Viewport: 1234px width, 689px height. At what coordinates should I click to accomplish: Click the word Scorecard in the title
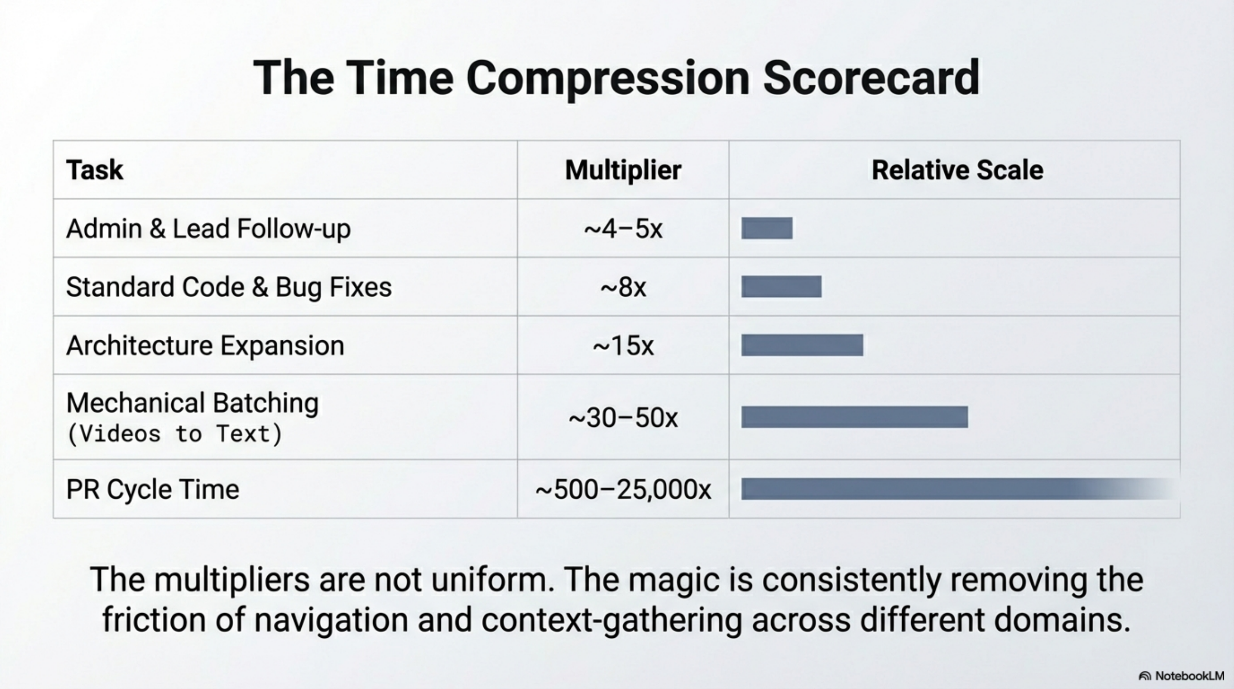[871, 78]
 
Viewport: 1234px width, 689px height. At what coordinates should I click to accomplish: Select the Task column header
[94, 170]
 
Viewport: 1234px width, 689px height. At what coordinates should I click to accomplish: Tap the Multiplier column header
[623, 170]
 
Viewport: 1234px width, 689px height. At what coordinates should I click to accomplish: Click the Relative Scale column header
[957, 170]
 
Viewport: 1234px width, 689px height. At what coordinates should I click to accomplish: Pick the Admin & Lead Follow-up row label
[208, 229]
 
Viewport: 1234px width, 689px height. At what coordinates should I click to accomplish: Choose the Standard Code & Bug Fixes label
[229, 287]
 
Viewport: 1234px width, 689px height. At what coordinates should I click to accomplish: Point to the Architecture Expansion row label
[205, 345]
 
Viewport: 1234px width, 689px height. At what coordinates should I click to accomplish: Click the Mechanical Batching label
[192, 403]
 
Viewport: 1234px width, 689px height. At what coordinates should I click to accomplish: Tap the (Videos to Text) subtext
[175, 434]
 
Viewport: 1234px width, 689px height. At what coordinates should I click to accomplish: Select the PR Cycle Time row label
[152, 490]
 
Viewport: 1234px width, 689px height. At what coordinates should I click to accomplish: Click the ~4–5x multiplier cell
[623, 229]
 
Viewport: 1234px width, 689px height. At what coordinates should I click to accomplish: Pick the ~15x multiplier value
[623, 346]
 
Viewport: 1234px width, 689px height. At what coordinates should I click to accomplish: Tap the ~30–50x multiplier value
[623, 418]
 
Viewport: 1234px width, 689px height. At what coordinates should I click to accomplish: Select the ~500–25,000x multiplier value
[623, 490]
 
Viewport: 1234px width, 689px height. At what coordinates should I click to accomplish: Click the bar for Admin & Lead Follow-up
[767, 228]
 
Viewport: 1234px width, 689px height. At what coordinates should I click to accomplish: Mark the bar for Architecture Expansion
[802, 345]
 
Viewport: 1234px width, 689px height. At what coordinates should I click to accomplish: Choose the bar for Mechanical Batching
[854, 417]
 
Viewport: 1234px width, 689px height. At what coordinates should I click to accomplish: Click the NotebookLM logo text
[1189, 676]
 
